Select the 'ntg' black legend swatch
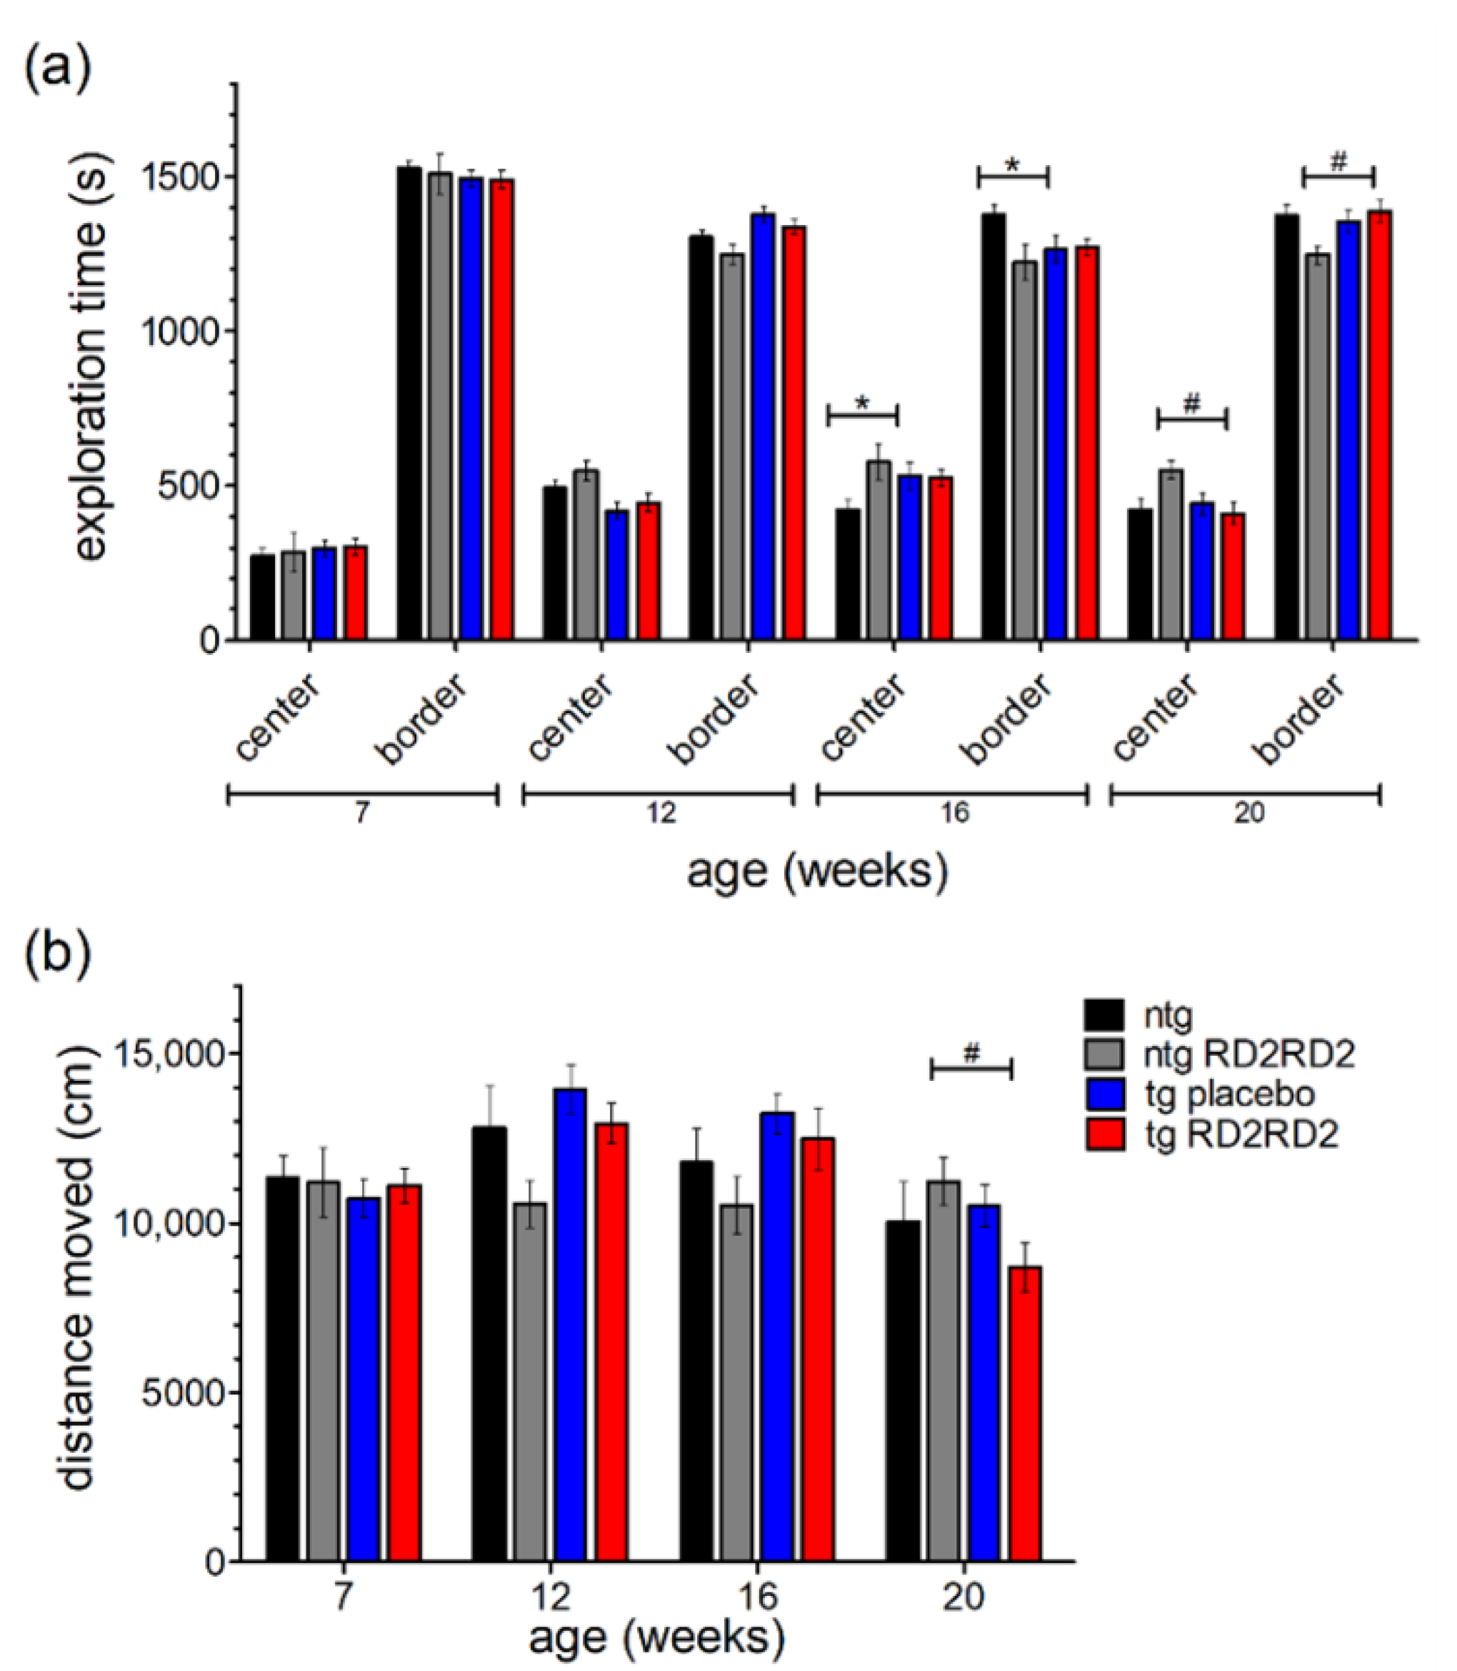click(1105, 1016)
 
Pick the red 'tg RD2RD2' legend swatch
click(1105, 1134)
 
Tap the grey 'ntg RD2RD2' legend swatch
click(1105, 1054)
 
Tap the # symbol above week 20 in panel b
click(971, 1054)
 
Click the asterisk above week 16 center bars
click(863, 404)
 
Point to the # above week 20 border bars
click(1338, 164)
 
